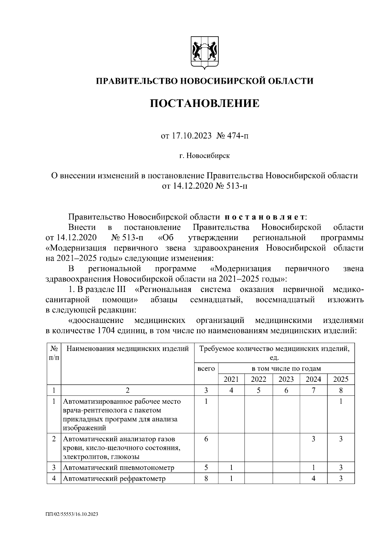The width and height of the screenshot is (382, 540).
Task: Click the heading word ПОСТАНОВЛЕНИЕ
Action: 205,103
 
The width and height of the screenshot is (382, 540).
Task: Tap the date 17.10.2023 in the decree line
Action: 191,136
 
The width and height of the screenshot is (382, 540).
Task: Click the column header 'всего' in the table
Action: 206,369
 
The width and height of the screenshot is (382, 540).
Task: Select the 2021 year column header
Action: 231,379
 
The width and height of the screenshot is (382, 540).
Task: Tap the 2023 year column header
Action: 286,379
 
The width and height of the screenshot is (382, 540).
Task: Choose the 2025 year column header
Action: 341,379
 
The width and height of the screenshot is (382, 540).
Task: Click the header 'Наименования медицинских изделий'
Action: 127,349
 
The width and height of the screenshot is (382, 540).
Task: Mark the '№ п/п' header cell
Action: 54,353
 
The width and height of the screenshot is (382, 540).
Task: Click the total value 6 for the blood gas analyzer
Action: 206,439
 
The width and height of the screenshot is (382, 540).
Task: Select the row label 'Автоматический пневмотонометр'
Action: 119,468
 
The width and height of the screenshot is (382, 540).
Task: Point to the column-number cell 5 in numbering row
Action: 258,390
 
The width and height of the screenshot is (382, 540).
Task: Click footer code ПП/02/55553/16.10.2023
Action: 72,514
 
